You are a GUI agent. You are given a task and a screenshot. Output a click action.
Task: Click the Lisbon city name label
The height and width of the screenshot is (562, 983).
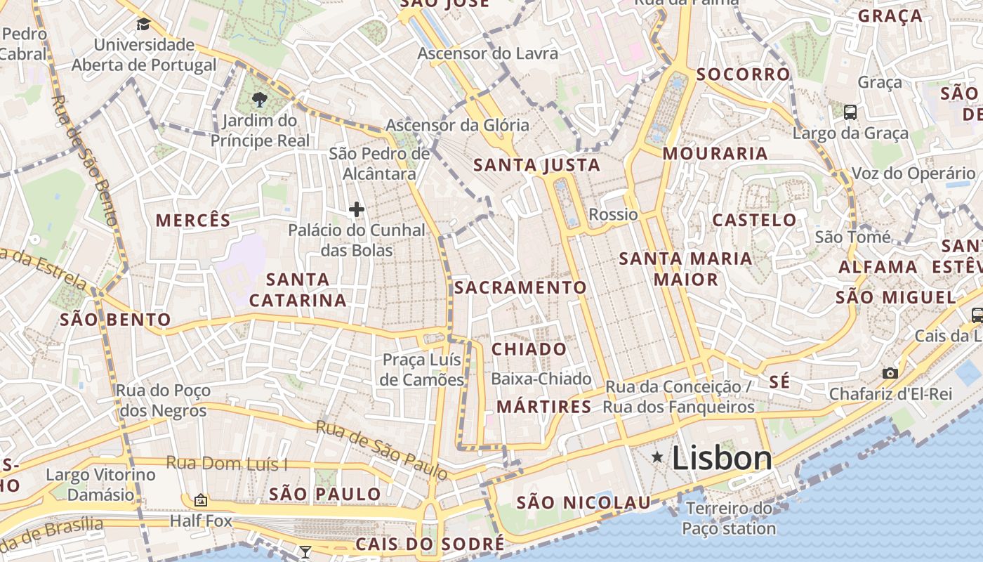coord(722,459)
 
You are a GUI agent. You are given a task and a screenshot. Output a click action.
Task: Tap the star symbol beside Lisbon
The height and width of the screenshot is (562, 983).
coord(657,457)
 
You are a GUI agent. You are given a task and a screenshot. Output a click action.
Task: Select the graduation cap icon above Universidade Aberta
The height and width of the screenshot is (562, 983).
coord(143,25)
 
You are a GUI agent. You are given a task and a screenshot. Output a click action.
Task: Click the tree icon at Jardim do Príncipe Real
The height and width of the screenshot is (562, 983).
coord(260,99)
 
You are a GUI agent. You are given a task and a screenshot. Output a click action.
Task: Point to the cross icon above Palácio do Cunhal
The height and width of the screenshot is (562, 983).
coord(357,209)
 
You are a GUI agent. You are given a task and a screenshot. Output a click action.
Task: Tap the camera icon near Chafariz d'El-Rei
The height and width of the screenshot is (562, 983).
coord(890,373)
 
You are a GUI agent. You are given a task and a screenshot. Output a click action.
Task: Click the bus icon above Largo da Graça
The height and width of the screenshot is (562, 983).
coord(850,112)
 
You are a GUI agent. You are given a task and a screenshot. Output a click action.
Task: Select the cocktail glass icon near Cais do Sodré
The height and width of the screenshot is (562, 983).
coord(305,552)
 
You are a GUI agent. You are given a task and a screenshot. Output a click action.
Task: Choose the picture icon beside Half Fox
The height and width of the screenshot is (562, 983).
coord(201,500)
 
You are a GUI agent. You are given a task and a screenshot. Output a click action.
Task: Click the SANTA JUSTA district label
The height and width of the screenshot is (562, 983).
coord(537,166)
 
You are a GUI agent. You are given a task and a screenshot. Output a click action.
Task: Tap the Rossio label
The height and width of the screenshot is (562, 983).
coord(613,214)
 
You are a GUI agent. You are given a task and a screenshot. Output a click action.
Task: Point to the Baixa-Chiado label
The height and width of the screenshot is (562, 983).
coord(541,379)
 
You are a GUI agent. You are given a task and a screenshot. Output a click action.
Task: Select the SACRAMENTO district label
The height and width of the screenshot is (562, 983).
coord(520,287)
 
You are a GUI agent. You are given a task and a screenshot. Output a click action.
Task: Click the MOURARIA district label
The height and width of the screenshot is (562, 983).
coord(715,153)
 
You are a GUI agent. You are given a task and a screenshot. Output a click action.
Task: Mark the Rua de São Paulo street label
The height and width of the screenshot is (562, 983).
coord(382,450)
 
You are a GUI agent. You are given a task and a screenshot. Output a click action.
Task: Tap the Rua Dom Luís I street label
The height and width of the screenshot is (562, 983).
coord(227,464)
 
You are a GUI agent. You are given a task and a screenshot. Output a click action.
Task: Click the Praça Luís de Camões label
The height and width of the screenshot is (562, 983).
coord(423,370)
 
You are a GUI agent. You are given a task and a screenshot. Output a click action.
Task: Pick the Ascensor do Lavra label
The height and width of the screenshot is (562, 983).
coord(487,53)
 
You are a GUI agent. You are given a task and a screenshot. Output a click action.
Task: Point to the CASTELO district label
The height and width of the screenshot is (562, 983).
coord(754,220)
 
